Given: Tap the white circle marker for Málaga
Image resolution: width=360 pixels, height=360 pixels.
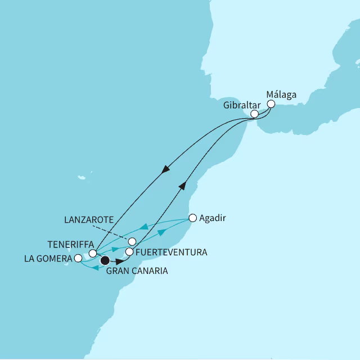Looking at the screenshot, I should coord(271,104).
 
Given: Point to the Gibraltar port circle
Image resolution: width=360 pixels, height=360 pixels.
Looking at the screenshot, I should coord(254,114).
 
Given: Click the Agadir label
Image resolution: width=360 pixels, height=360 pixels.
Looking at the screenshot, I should coord(213,218).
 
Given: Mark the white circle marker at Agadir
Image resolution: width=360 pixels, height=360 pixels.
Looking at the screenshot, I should coord(192,218).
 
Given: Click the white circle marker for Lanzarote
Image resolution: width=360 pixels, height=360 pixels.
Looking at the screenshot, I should coord(133,242).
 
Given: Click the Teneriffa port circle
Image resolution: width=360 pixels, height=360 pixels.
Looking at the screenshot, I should coord(93,253).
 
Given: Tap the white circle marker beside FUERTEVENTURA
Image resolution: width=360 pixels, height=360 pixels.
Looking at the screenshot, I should coord(129,252).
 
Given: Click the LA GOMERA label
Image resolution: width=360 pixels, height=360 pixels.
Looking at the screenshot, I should coord(48,259).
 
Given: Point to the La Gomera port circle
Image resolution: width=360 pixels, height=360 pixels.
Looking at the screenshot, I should coord(78,259).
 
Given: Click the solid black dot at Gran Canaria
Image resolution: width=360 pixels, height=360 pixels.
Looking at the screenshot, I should coord(104,260).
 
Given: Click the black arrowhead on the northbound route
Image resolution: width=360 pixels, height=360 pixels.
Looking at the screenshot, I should coord(182,185).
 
